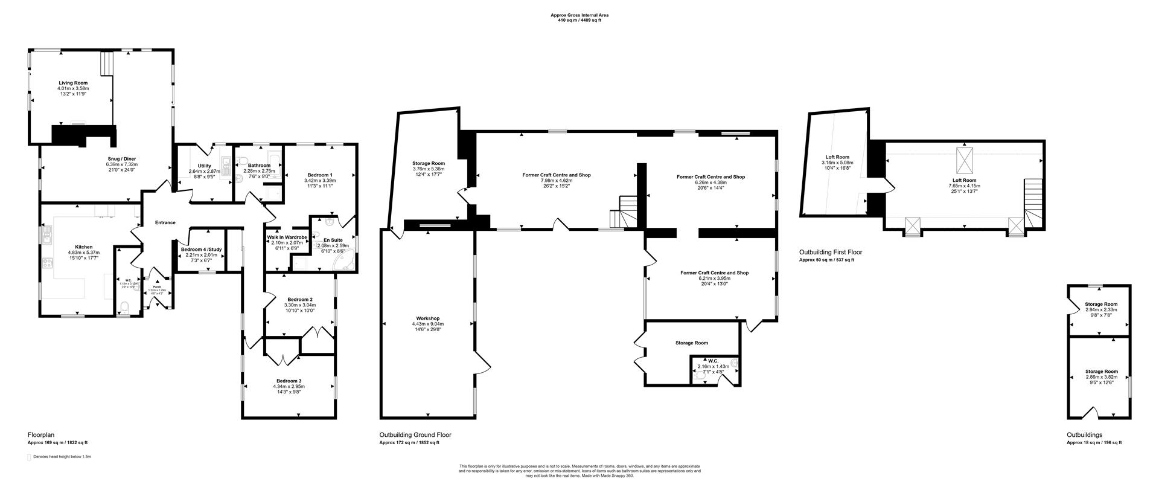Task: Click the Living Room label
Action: coord(73,83)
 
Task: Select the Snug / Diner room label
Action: coord(122,159)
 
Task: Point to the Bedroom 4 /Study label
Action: coord(202,249)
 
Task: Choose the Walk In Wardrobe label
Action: coord(287,237)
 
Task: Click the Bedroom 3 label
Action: coord(289,381)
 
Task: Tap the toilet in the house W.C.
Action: coord(125,308)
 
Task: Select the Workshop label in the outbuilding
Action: coord(427,318)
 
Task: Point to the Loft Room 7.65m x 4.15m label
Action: coord(964,180)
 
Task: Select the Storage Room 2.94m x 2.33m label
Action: coord(1101,304)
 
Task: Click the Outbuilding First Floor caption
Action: coord(830,252)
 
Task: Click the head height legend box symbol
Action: coord(29,457)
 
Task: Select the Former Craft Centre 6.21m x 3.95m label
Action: coord(714,273)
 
